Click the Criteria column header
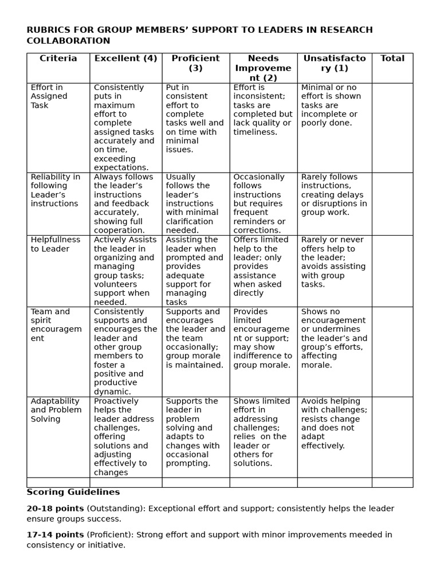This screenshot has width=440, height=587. click(x=58, y=58)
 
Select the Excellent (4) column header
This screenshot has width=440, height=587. click(x=125, y=58)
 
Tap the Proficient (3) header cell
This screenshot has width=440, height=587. click(x=195, y=63)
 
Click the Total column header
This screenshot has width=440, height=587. click(x=392, y=58)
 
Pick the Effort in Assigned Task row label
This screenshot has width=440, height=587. click(x=49, y=96)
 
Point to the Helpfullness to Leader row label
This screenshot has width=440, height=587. click(x=56, y=244)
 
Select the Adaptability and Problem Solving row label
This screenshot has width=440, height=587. click(x=56, y=410)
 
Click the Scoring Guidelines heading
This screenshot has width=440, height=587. click(x=73, y=492)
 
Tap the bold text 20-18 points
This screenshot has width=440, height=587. click(x=55, y=508)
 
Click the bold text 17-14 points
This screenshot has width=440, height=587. click(x=55, y=534)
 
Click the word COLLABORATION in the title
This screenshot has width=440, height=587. click(x=68, y=41)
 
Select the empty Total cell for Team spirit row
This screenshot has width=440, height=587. click(x=392, y=351)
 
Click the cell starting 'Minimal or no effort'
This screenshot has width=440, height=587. click(x=334, y=105)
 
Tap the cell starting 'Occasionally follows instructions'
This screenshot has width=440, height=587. click(x=262, y=204)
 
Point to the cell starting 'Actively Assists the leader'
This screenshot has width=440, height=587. click(x=125, y=271)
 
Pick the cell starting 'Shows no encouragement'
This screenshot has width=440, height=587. click(x=334, y=338)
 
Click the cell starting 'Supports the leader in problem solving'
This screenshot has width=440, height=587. click(x=195, y=432)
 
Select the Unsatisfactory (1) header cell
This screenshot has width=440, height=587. click(x=334, y=63)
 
